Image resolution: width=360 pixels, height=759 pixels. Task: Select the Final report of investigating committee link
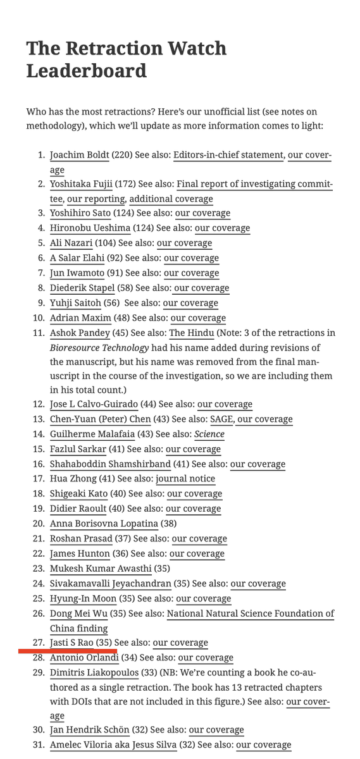254,184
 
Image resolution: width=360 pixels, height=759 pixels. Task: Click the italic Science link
209,434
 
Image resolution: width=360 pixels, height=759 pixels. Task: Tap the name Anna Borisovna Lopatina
104,523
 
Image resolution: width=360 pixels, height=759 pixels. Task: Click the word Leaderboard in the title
86,70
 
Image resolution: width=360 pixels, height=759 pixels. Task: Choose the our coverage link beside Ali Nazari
184,243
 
